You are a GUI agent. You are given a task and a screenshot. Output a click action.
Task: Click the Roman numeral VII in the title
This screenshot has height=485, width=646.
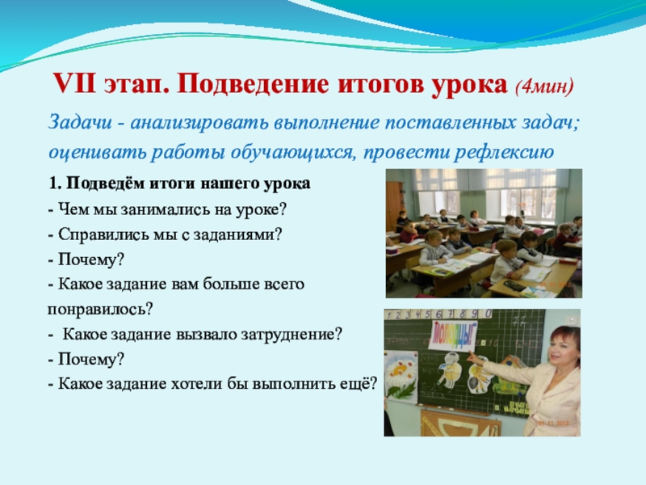[74, 84]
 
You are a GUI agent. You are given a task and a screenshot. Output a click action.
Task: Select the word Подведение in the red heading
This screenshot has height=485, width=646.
[254, 86]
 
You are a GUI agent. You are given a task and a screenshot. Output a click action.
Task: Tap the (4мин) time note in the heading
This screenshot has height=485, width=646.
[543, 86]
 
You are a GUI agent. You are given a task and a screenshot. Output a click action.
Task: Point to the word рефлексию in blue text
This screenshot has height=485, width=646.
[504, 152]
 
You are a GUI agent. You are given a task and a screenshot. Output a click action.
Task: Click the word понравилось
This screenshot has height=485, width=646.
[99, 310]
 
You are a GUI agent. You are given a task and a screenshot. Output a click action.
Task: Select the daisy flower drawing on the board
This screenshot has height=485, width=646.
[401, 373]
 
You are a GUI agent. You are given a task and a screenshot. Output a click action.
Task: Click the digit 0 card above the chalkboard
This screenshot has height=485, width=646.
[489, 314]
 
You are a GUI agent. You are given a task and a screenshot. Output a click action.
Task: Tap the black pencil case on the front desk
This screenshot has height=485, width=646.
[514, 285]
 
